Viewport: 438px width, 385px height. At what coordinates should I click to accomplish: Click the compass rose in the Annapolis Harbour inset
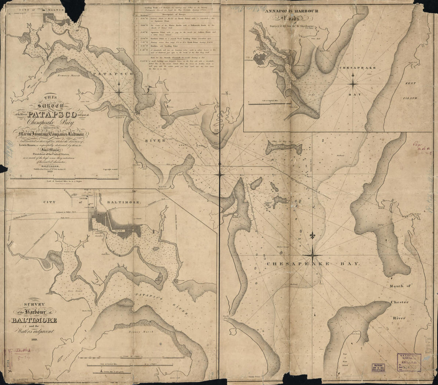pos(353,83)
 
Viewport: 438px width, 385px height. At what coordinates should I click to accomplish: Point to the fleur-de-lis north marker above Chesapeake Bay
pos(313,236)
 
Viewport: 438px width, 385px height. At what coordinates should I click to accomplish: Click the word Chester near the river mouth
pos(399,302)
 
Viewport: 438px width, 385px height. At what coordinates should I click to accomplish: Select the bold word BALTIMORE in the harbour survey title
pos(34,320)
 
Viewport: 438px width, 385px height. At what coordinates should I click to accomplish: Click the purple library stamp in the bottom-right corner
pos(409,362)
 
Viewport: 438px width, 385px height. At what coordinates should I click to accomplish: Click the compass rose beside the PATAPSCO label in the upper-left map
pos(119,92)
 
